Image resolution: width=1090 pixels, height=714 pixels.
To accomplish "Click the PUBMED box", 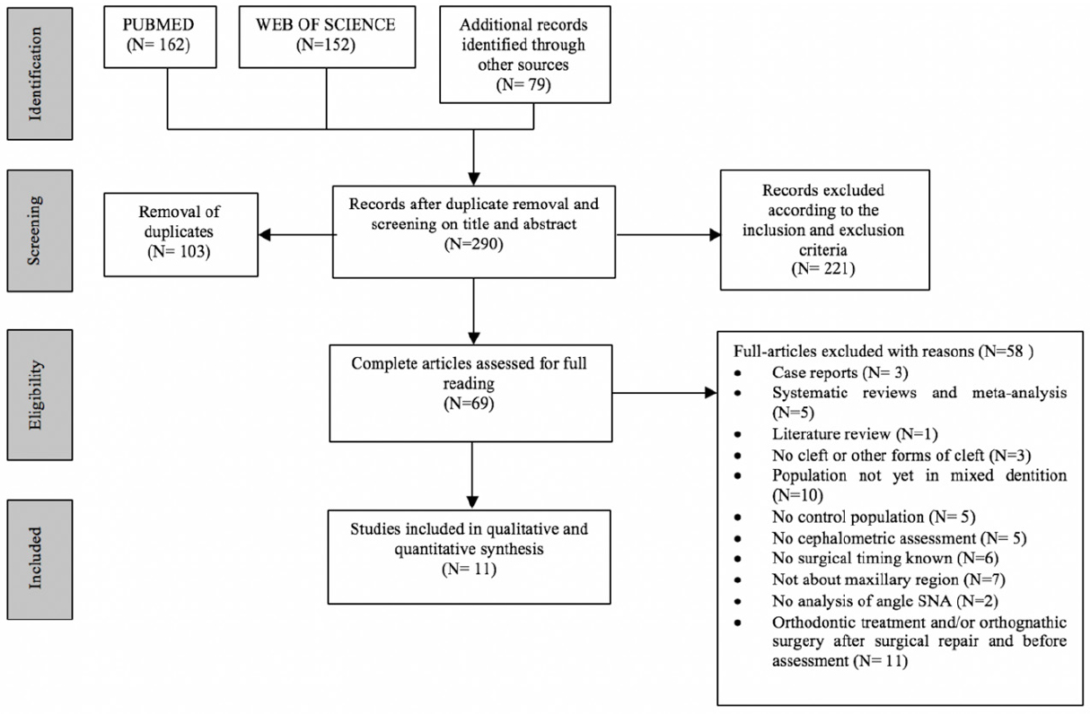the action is pos(160,37).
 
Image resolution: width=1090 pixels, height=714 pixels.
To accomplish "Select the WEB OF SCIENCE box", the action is pos(327,37).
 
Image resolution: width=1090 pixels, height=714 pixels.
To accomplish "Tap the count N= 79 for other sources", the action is pos(523,84).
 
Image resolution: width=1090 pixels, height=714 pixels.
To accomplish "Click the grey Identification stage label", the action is pos(40,74).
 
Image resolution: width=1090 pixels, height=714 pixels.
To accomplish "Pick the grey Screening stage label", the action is pos(40,231).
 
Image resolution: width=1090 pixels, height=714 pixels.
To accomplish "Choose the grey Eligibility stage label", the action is pos(40,396).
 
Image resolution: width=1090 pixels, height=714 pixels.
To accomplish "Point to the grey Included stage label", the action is pos(40,560).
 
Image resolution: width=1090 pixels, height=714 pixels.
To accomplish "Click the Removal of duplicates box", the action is pos(181,235).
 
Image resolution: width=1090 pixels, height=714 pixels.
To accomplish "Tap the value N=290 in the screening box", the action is pos(473,243).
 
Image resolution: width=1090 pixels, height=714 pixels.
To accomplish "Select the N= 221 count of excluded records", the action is pos(823,269).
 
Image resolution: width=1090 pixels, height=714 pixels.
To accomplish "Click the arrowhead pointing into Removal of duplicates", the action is pos(265,235).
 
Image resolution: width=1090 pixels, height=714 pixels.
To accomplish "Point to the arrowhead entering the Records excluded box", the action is pos(715,235).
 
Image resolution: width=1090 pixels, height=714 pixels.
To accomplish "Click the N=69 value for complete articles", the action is pos(469,404).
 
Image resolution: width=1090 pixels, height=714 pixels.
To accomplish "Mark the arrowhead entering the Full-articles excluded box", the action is pos(711,393).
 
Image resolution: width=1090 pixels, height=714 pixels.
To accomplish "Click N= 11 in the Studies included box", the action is pos(469,570).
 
